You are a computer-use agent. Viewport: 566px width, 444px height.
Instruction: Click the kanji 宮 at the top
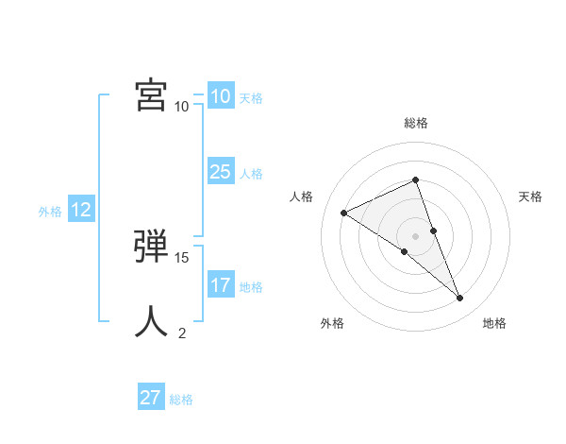(x=151, y=94)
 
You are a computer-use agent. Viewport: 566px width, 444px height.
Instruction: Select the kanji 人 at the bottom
(x=151, y=321)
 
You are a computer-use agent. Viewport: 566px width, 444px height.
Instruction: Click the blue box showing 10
(x=220, y=96)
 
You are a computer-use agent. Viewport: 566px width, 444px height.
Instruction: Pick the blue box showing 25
(x=220, y=172)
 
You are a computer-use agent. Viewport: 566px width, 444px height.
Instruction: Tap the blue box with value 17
(x=220, y=285)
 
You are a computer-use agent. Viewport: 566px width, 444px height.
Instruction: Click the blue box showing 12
(x=80, y=210)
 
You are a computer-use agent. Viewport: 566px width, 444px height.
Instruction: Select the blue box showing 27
(x=150, y=398)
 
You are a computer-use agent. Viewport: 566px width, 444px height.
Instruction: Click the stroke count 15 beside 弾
(x=183, y=257)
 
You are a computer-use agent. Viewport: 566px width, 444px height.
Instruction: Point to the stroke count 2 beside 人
(x=182, y=333)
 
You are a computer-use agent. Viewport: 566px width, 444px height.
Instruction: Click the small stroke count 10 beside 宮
(x=182, y=106)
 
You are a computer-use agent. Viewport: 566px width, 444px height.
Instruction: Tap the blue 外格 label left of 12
(x=50, y=212)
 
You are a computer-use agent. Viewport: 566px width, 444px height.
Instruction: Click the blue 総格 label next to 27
(x=181, y=400)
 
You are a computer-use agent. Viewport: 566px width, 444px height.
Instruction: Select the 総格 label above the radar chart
(x=416, y=123)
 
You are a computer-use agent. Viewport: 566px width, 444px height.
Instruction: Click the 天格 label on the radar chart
(x=530, y=196)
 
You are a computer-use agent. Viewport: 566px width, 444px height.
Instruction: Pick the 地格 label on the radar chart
(x=494, y=323)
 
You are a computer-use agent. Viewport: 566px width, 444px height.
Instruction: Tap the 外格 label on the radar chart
(x=332, y=323)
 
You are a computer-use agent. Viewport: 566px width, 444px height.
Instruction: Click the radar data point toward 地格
(x=460, y=299)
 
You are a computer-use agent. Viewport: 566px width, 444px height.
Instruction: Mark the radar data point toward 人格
(x=344, y=213)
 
